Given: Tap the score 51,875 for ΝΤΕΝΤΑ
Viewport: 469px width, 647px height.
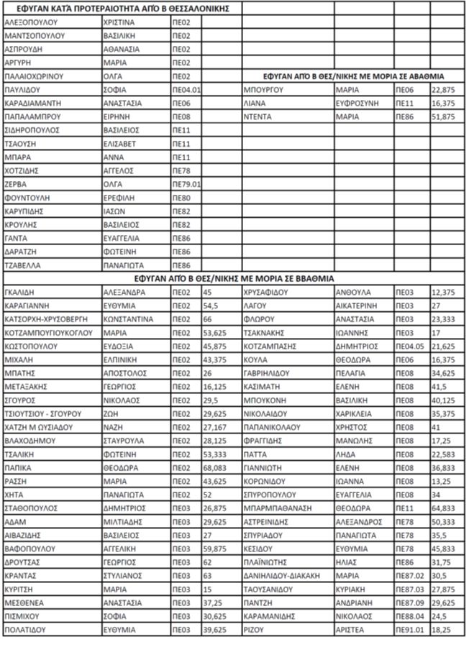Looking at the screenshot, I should click(443, 116).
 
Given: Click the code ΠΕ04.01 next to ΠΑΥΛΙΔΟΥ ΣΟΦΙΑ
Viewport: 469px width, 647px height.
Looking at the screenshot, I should click(186, 89).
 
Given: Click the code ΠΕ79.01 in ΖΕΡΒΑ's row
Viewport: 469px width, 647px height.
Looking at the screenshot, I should click(186, 184).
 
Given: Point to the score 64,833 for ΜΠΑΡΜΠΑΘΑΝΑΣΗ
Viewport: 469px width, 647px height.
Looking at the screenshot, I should click(443, 508).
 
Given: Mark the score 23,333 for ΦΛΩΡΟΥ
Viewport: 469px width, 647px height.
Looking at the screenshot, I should click(443, 319).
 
